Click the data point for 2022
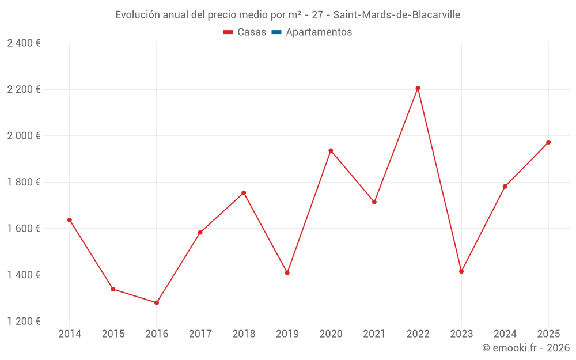[418, 88]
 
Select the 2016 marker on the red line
[157, 302]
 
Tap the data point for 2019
[287, 272]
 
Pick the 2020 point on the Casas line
[331, 150]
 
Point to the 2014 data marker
[70, 220]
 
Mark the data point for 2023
[461, 271]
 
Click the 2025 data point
[548, 142]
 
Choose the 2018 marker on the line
[244, 193]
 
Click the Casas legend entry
[245, 32]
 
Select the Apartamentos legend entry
[319, 32]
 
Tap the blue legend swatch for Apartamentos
[276, 32]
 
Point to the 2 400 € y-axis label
[24, 43]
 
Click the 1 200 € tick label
[24, 321]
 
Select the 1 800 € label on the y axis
[24, 182]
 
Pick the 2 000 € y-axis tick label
[24, 136]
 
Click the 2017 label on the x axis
[200, 334]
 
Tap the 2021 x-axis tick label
[374, 334]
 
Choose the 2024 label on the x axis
[505, 334]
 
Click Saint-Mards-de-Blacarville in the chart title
[397, 15]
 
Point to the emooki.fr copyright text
[525, 348]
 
